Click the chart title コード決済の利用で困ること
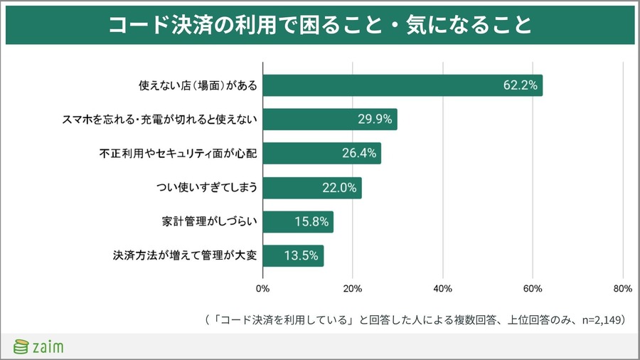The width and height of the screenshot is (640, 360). coord(319,25)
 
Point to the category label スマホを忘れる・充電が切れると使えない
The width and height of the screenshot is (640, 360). coord(159,120)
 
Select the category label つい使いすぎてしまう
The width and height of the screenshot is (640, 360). coord(206,188)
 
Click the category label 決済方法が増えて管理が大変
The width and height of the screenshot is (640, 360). coord(183,255)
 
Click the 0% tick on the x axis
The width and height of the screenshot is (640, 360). coord(262,288)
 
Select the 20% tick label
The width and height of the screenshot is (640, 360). coord(353,288)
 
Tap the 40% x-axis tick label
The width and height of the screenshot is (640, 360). coord(442,288)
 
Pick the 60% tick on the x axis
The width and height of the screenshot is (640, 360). coord(533,288)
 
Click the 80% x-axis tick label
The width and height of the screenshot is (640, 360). coord(622,288)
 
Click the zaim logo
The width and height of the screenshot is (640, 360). coord(39,346)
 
